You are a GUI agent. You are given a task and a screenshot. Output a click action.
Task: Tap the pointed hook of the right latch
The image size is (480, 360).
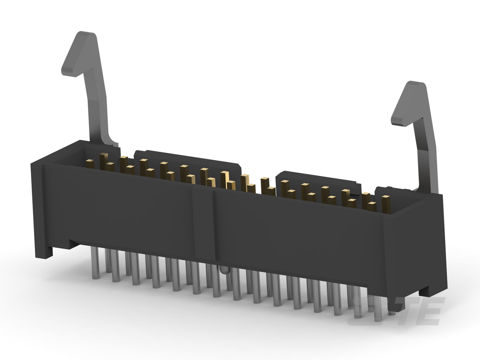(x=409, y=104)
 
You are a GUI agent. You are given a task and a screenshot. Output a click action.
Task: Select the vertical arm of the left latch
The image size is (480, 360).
(x=100, y=105)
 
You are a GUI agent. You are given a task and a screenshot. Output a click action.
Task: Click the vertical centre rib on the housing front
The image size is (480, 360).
(x=203, y=223)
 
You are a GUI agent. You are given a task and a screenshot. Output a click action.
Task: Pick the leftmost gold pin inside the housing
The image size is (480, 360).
(x=90, y=164)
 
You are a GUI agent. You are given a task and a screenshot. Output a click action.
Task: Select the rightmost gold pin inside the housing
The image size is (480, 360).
(x=386, y=204)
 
